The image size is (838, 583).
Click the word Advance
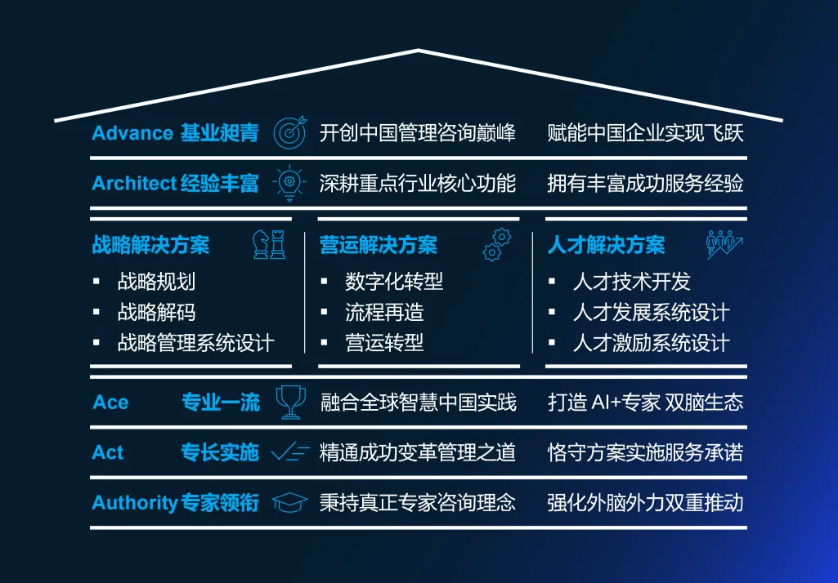(132, 133)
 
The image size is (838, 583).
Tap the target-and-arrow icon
(289, 132)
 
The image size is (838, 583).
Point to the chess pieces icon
(269, 244)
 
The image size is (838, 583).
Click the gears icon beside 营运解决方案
(496, 244)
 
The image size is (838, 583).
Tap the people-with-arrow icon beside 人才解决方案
(724, 243)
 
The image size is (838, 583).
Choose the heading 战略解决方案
(150, 245)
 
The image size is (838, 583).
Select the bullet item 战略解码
(156, 313)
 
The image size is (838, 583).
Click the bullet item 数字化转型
(394, 283)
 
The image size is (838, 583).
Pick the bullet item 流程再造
(384, 313)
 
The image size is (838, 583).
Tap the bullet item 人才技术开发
(632, 283)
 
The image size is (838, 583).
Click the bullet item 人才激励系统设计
(651, 343)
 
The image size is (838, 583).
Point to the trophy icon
(290, 402)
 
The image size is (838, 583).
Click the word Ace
(110, 403)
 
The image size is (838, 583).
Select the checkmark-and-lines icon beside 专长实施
(290, 452)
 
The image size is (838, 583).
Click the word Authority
(135, 502)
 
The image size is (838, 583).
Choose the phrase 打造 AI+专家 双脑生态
(645, 403)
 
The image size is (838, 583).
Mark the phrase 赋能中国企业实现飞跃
(645, 133)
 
